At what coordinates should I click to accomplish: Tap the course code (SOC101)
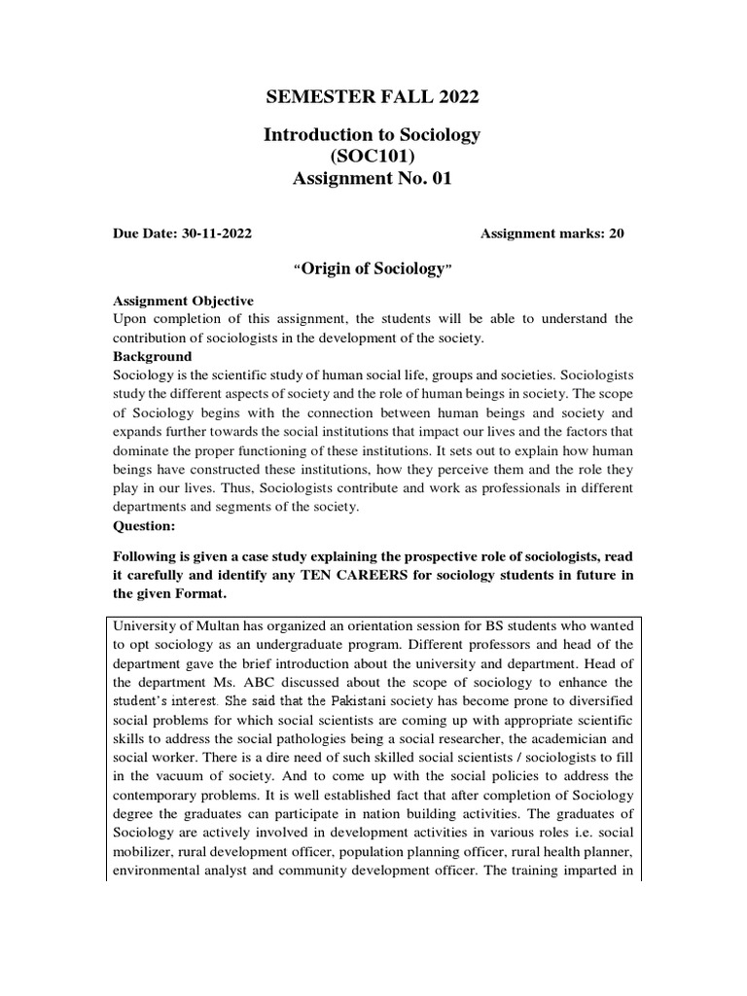click(x=373, y=157)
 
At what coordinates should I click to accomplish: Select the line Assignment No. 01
click(x=373, y=178)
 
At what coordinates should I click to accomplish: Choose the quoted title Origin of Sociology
click(x=373, y=268)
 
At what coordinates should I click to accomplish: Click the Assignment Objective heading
click(x=183, y=301)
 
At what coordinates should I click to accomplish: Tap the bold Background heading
click(x=153, y=357)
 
